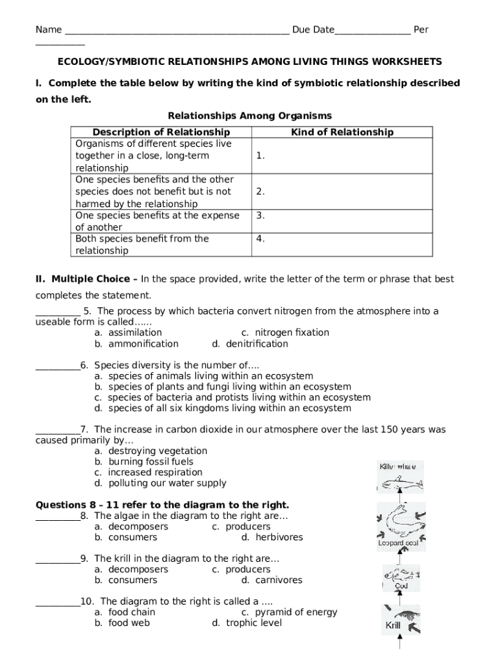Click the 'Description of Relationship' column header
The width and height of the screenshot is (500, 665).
pos(161,132)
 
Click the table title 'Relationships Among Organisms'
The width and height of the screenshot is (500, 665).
pos(249,116)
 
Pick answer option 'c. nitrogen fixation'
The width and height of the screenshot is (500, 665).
pos(285,332)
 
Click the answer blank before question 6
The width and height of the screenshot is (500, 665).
pos(57,366)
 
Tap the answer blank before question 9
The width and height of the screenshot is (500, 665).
pos(57,558)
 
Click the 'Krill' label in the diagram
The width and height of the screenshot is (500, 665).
pos(393,626)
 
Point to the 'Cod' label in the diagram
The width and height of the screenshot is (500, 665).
pos(401,586)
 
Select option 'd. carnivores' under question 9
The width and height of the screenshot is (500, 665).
pos(271,580)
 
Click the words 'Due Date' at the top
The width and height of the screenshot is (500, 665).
pos(313,30)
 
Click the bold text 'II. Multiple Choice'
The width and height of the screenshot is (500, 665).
pos(86,279)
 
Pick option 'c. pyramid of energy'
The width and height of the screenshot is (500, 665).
pos(289,612)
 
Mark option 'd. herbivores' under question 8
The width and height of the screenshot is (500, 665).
pos(272,537)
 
